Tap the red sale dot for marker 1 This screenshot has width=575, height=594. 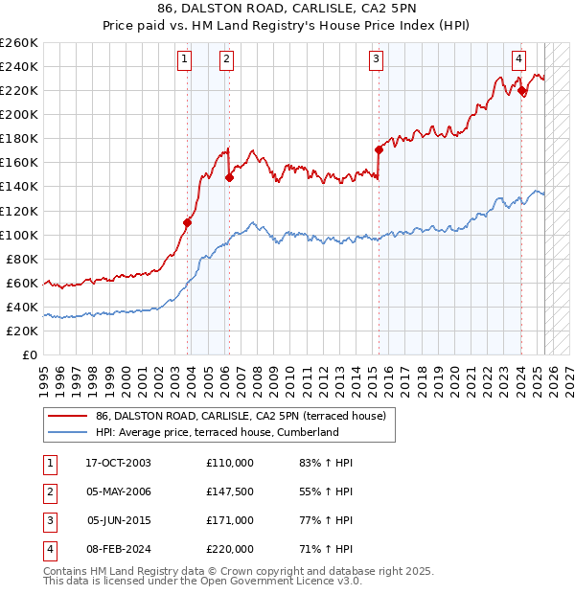click(188, 222)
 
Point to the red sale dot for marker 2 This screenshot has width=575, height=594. click(230, 177)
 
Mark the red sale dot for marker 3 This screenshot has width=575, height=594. click(379, 149)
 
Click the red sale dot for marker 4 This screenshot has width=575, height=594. click(521, 90)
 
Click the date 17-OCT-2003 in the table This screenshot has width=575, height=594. click(118, 463)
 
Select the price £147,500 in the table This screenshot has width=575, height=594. click(230, 491)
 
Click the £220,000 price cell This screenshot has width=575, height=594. click(230, 549)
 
